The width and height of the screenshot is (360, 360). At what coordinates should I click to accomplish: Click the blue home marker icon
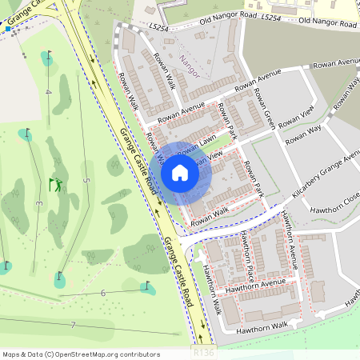[180, 172]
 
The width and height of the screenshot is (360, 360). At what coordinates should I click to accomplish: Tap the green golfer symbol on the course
[55, 185]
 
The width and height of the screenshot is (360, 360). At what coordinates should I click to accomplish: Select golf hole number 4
[48, 92]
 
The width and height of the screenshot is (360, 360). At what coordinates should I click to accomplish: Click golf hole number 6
[103, 294]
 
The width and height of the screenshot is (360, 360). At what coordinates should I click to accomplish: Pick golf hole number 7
[72, 325]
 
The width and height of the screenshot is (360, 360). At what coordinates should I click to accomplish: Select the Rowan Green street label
[265, 109]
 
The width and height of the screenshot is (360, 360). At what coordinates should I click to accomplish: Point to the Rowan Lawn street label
[204, 142]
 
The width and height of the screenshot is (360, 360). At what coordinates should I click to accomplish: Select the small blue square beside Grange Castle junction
[8, 29]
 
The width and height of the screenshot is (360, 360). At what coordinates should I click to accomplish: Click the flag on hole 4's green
[48, 56]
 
